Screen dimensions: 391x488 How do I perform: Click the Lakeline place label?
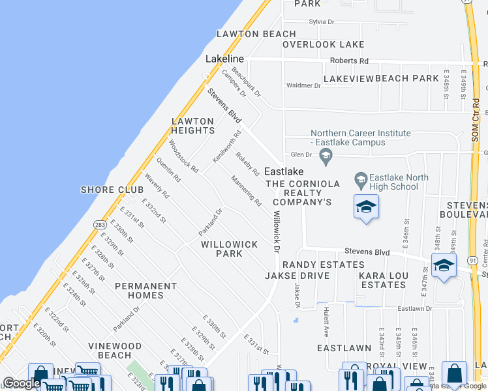(224, 59)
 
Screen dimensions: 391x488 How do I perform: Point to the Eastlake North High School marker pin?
(360, 178)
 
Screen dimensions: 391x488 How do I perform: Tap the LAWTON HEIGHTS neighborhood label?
(193, 126)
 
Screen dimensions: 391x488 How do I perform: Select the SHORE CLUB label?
(112, 190)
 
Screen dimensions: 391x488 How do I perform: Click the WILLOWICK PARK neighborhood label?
(225, 249)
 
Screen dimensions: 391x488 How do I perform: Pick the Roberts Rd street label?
(349, 61)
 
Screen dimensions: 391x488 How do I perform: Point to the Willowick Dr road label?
(277, 231)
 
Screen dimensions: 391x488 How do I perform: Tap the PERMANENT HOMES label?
(146, 291)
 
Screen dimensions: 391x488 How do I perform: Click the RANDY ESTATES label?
(323, 265)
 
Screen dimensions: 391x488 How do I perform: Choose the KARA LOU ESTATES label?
(384, 280)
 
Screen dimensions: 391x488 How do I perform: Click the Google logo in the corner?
(21, 384)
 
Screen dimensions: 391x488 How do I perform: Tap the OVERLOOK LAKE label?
(323, 44)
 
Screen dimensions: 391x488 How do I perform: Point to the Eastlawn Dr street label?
(415, 308)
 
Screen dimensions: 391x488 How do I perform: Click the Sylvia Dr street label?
(322, 22)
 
